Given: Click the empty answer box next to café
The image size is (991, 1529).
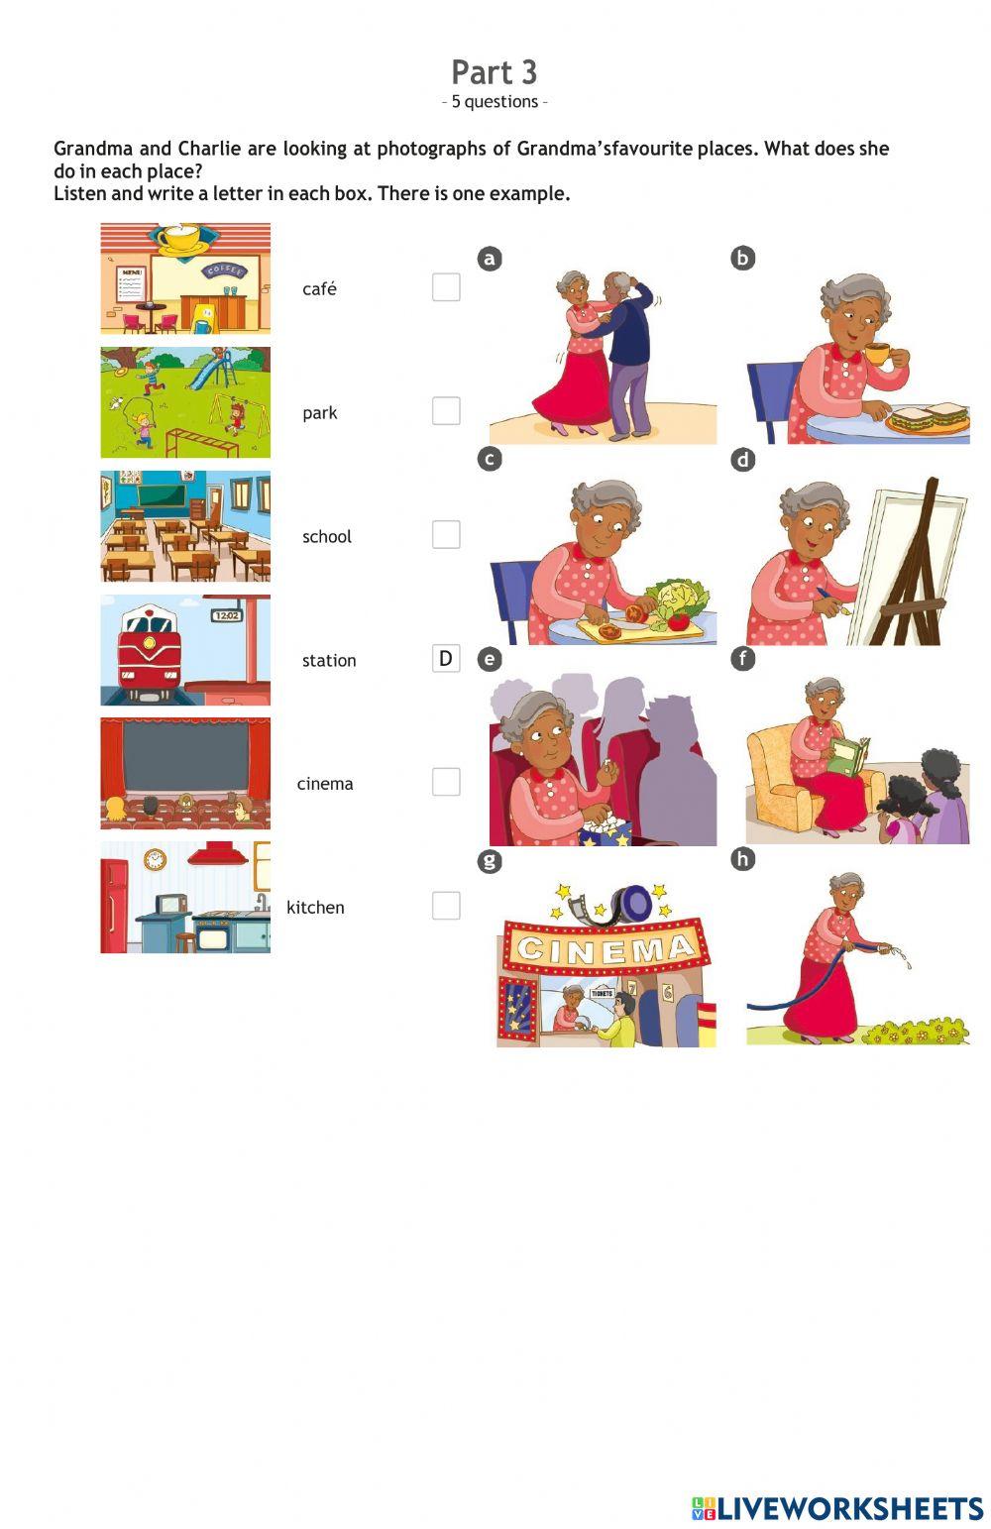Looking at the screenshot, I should click(x=446, y=287).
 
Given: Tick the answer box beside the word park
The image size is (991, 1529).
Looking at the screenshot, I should click(x=446, y=411).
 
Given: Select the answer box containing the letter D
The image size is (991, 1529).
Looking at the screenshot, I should click(x=446, y=658).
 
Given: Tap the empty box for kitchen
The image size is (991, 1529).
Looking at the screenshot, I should click(x=446, y=906).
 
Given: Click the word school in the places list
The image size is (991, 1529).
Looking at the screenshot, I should click(x=327, y=536).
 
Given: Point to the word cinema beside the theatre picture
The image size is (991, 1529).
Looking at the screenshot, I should click(x=325, y=784).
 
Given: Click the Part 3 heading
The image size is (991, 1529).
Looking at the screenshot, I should click(x=494, y=72).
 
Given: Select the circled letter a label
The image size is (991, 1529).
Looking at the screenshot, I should click(x=490, y=259).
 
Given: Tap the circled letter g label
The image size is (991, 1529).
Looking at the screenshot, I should click(x=490, y=860).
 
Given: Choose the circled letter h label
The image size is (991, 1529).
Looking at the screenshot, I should click(x=742, y=859).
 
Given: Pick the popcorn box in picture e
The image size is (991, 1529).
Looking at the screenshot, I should click(x=606, y=830).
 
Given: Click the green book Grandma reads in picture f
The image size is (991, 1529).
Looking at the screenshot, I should click(x=848, y=757).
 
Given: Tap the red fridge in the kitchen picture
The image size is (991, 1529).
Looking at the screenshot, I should click(x=114, y=906).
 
